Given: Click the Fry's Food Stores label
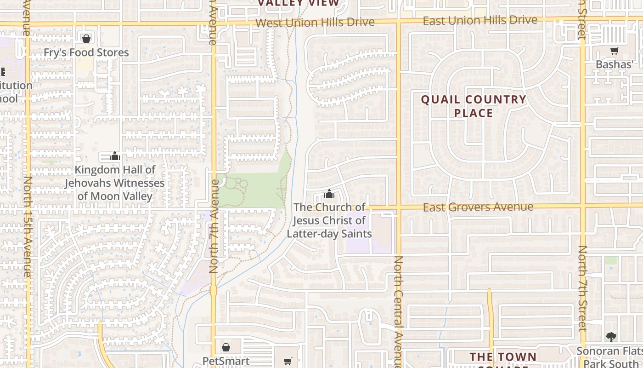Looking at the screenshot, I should tap(86, 52).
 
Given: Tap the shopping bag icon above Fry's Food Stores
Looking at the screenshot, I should tap(86, 39).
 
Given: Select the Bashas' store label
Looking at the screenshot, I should tap(614, 64).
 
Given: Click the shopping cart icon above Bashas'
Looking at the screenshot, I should tap(614, 51).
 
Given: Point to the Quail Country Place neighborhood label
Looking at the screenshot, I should tap(474, 106).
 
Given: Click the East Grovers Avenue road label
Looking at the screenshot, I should tap(478, 207).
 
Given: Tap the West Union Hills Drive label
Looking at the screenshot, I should tap(315, 22).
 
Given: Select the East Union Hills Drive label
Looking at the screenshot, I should tap(479, 21).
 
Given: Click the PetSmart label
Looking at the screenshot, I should tap(226, 361).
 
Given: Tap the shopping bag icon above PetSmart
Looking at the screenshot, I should tap(226, 347).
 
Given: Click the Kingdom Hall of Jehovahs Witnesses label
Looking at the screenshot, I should tap(114, 183).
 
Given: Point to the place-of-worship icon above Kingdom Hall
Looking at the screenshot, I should tap(115, 156).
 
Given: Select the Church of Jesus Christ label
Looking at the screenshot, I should tap(329, 220).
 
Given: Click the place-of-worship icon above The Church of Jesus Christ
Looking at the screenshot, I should tap(329, 194).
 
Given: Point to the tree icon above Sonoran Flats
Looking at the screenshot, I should tap(611, 337).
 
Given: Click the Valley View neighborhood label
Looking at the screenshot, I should tap(299, 3).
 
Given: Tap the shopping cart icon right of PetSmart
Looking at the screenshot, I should tap(288, 361).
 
